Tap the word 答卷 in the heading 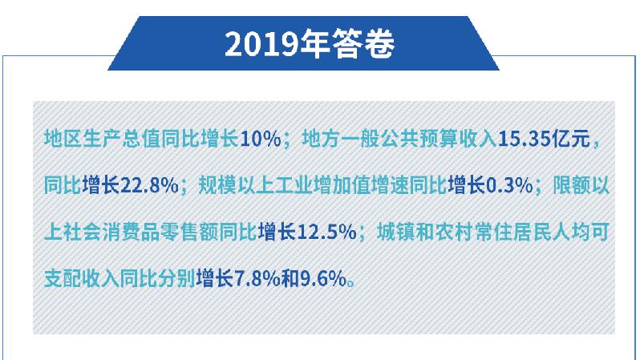tap(363, 44)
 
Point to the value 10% tap(261, 140)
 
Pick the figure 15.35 tap(524, 140)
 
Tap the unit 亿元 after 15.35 tap(571, 139)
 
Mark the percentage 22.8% tap(150, 186)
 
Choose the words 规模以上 tap(237, 186)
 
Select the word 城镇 tap(396, 233)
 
